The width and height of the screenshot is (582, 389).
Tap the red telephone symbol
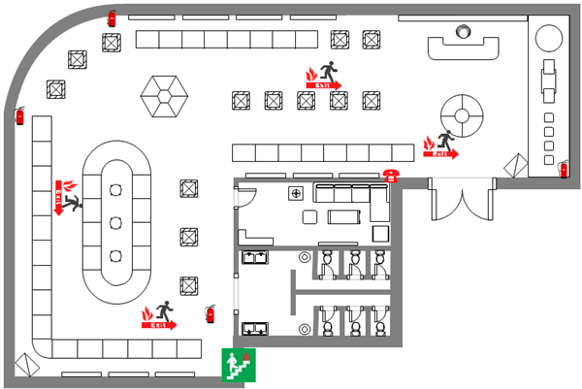click(x=391, y=175)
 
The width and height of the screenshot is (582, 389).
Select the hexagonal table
click(x=163, y=96)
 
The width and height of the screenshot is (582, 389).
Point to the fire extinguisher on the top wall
click(x=112, y=17)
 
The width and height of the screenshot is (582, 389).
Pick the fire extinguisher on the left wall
click(x=19, y=116)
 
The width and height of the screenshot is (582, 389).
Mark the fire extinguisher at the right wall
click(x=564, y=170)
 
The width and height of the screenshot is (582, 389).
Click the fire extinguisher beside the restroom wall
click(x=210, y=313)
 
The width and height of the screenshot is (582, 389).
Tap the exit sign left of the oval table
click(x=65, y=197)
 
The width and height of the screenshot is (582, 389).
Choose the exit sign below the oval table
click(x=160, y=316)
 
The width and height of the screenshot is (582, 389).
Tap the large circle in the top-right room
click(x=548, y=37)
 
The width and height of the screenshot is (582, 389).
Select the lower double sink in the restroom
click(x=255, y=329)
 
